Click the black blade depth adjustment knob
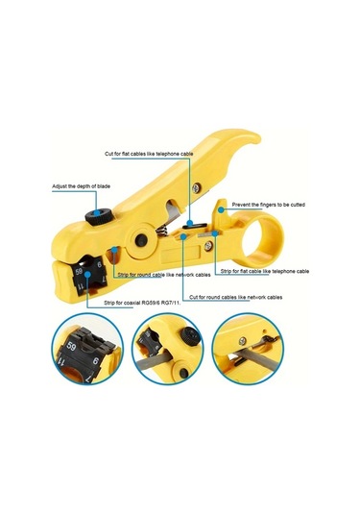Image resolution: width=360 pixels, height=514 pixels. click(97, 216)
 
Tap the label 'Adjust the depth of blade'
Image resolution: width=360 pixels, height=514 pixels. click(82, 186)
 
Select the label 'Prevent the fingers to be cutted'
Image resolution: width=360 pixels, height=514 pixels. click(269, 205)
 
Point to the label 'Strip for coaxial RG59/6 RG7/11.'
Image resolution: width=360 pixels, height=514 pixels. click(142, 303)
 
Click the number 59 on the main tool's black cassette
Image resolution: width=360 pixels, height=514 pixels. click(79, 272)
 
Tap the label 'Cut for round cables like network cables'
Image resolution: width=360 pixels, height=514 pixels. click(236, 297)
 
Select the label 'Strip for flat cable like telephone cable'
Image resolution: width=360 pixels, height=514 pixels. click(265, 271)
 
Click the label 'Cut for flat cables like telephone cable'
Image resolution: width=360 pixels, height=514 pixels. click(149, 154)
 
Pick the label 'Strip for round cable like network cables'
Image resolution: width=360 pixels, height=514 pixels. click(164, 275)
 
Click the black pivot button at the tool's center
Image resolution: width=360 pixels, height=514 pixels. click(141, 239)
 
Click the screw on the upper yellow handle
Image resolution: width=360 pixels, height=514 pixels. click(197, 188)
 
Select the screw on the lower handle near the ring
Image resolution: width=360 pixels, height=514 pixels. click(208, 246)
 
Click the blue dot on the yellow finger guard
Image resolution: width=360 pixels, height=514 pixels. click(222, 209)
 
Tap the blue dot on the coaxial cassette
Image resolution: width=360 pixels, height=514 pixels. click(87, 274)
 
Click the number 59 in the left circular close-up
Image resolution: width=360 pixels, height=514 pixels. click(71, 346)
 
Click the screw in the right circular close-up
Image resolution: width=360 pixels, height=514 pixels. click(243, 341)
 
